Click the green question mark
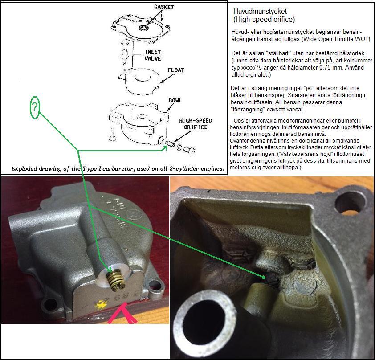[35, 107]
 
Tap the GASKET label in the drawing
[164, 7]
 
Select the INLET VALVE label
[153, 55]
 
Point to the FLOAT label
[176, 70]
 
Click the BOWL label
[175, 100]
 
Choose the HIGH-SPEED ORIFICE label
[196, 124]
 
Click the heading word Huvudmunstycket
[260, 12]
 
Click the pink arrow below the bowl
[123, 314]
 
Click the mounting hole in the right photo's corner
[350, 203]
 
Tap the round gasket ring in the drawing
[144, 28]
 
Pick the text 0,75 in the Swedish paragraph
[325, 67]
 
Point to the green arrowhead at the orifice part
[164, 148]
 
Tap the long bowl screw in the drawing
[112, 135]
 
